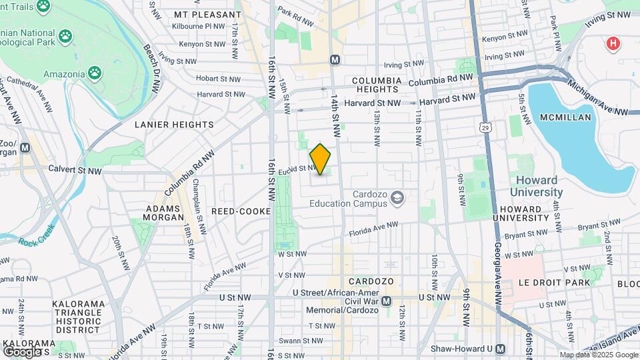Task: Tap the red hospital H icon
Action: (x=612, y=44)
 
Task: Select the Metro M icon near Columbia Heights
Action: (x=335, y=60)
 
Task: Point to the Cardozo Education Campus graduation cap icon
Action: (x=397, y=197)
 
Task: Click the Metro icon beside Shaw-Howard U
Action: (x=501, y=349)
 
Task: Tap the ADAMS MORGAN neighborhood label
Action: (x=163, y=213)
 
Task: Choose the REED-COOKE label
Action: (x=241, y=211)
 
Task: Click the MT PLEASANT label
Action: (x=207, y=14)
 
